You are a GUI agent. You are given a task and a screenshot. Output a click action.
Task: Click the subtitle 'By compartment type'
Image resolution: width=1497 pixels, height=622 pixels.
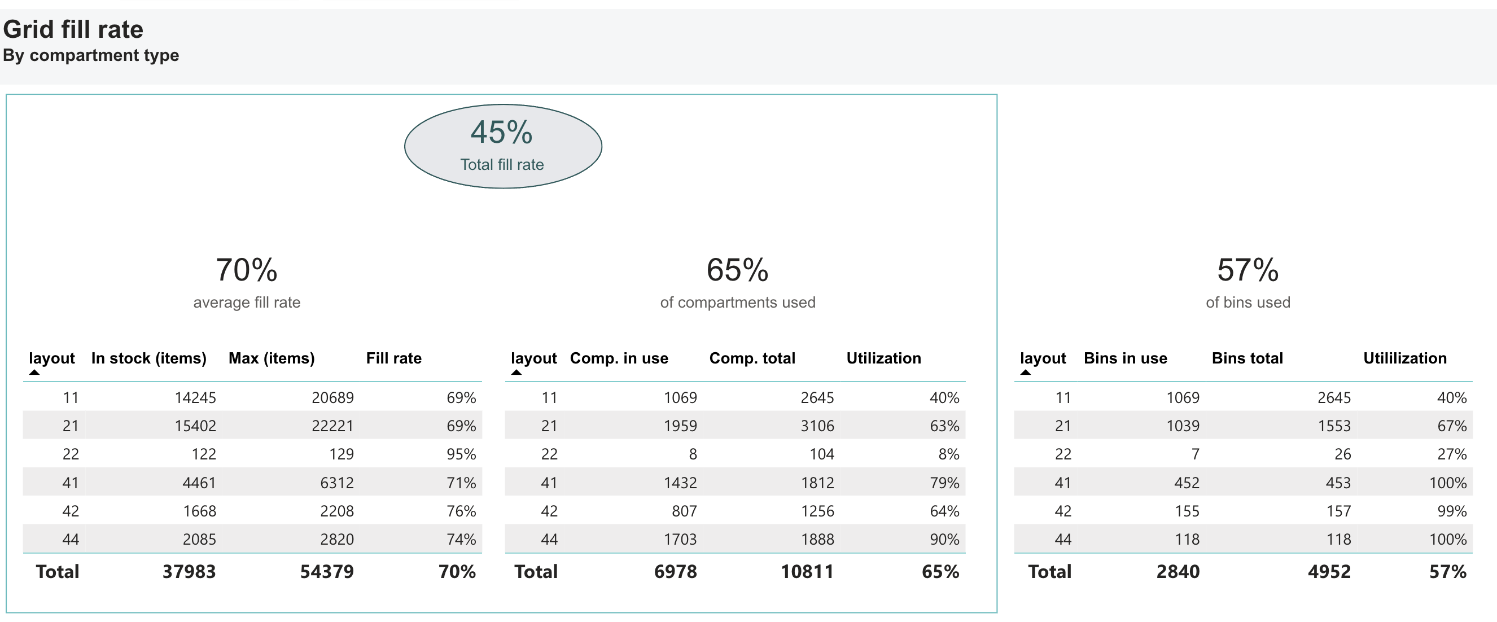point(91,55)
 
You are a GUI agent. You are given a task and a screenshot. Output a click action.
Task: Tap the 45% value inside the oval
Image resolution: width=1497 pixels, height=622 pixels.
point(501,133)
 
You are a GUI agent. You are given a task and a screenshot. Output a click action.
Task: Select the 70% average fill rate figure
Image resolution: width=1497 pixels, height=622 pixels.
point(247,270)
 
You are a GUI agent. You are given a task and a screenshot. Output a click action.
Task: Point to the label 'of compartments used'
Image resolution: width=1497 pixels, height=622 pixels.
point(737,303)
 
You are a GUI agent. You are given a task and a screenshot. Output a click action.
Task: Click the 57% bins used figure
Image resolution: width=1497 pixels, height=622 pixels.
point(1247,270)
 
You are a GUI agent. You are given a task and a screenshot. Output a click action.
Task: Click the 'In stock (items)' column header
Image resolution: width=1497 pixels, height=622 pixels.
point(149,358)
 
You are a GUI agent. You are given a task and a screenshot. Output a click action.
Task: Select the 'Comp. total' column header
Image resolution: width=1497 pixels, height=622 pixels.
point(752,358)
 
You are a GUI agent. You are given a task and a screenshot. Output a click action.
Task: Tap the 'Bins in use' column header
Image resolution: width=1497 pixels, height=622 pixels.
point(1125,358)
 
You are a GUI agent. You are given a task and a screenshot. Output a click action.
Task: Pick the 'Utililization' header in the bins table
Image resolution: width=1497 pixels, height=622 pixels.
point(1404,358)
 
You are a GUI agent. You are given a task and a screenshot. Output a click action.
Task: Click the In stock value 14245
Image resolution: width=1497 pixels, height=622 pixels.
point(195,397)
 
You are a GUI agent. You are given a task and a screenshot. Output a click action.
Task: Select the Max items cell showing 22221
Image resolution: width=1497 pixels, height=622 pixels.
point(332,426)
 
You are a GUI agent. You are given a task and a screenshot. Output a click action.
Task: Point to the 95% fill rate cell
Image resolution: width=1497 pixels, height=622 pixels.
point(461,454)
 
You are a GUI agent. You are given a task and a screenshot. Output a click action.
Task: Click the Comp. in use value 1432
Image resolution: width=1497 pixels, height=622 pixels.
point(680,483)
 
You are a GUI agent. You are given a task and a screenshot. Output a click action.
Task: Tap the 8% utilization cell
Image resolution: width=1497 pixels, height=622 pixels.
point(948,454)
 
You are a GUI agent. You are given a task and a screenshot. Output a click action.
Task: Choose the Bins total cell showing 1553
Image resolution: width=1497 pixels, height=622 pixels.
point(1334,426)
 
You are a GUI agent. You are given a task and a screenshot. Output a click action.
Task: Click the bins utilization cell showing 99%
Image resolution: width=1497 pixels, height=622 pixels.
point(1452,511)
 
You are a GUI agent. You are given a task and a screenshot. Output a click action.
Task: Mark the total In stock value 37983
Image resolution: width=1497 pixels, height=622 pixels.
point(189,571)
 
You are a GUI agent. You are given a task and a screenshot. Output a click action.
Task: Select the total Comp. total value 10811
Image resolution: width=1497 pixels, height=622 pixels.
point(807,571)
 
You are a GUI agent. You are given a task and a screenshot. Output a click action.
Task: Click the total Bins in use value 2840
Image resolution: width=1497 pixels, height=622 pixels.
point(1178,571)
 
